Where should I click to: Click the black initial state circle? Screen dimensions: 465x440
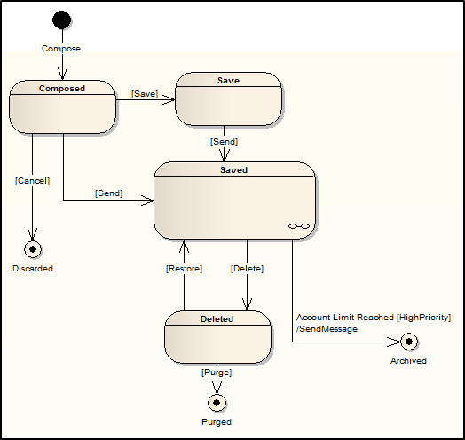coord(62,20)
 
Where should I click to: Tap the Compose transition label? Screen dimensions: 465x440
coord(61,48)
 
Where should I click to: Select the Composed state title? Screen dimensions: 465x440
coord(62,89)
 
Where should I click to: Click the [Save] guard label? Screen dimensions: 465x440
coord(145,94)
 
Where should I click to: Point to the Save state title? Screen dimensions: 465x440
coord(228,81)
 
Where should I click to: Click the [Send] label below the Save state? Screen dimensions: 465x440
coord(224,142)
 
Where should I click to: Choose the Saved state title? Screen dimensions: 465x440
coord(233,170)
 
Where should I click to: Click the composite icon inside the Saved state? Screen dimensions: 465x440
coord(299,226)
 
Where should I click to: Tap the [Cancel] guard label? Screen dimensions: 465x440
coord(32,181)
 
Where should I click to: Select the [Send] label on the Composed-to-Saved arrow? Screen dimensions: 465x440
coord(108,193)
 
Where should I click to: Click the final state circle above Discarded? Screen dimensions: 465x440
coord(33,249)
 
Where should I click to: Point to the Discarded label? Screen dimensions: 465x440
coord(33,268)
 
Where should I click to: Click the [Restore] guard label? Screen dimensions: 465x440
coord(184,269)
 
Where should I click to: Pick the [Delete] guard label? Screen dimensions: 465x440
coord(247,269)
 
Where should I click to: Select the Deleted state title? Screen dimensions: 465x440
coord(217,319)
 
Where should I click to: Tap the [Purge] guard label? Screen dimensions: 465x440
coord(217,373)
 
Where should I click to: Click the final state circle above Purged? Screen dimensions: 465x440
coord(217,403)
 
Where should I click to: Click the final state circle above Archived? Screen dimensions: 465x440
coord(409,342)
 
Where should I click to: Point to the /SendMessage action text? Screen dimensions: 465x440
coord(327,329)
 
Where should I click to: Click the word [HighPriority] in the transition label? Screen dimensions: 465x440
coord(424,318)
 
